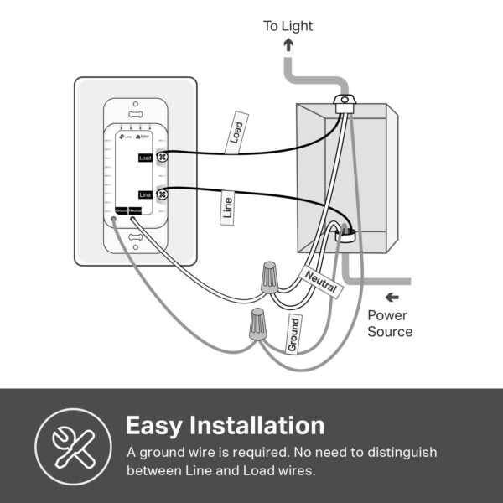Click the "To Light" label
(x=288, y=26)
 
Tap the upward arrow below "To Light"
(x=288, y=46)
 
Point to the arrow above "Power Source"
(x=392, y=297)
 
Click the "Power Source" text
(x=390, y=324)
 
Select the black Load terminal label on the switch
(x=145, y=157)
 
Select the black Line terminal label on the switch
(x=145, y=194)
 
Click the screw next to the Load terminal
(x=163, y=157)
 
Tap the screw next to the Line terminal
(x=163, y=194)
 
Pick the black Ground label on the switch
(x=121, y=210)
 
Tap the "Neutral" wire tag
(x=321, y=283)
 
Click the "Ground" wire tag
(x=293, y=333)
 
